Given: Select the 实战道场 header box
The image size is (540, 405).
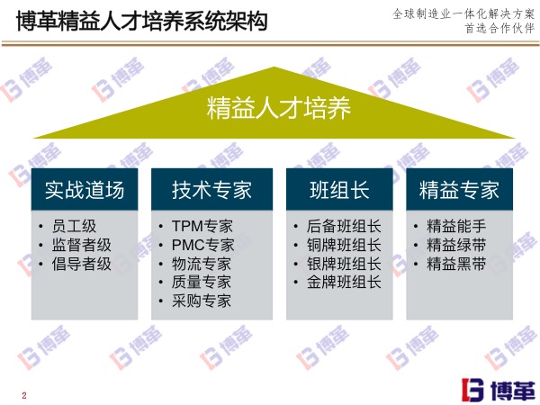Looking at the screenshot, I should (x=85, y=190).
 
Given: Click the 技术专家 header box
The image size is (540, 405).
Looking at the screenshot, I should (x=211, y=190).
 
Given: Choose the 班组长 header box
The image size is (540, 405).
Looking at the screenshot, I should (x=339, y=190).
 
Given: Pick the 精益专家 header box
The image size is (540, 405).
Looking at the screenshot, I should (x=459, y=190).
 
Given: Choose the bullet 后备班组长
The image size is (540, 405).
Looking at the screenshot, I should (x=344, y=226).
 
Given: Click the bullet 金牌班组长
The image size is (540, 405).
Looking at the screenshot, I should (x=344, y=283).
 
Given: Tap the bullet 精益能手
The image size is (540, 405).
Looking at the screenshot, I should (x=456, y=226).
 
